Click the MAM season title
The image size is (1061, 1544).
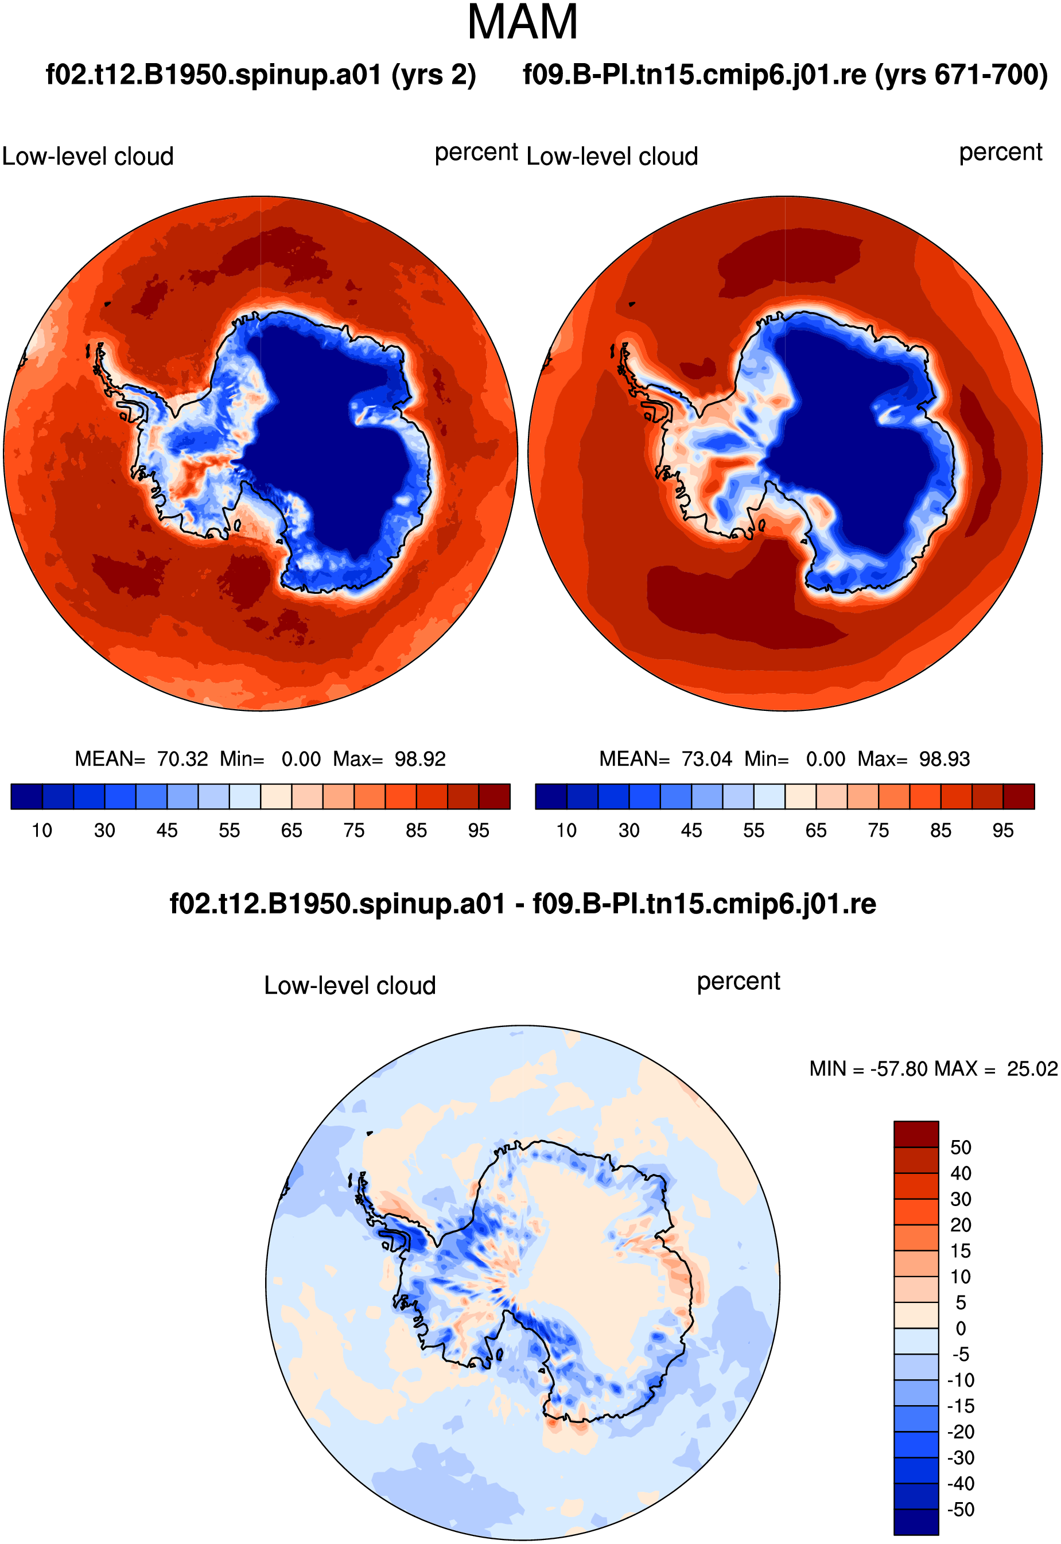pyautogui.click(x=523, y=22)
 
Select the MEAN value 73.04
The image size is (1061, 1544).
pyautogui.click(x=707, y=759)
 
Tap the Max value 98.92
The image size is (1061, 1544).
pyautogui.click(x=420, y=759)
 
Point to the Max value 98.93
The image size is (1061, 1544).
pyautogui.click(x=945, y=759)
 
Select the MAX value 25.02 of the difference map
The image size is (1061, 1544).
pyautogui.click(x=1032, y=1069)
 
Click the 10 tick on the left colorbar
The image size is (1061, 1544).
pyautogui.click(x=42, y=831)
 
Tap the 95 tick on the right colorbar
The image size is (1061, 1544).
pyautogui.click(x=1003, y=831)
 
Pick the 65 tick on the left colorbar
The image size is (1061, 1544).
pyautogui.click(x=291, y=831)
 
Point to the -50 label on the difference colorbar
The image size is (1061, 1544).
pyautogui.click(x=961, y=1510)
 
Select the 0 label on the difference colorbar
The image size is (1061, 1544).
pyautogui.click(x=961, y=1329)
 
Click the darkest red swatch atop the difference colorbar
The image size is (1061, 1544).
pyautogui.click(x=916, y=1134)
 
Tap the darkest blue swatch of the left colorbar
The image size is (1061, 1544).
pyautogui.click(x=27, y=796)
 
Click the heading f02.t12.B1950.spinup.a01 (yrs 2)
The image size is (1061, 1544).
pyautogui.click(x=261, y=75)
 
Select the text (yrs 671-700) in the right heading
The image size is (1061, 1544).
pyautogui.click(x=961, y=75)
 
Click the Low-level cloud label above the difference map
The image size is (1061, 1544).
pyautogui.click(x=349, y=986)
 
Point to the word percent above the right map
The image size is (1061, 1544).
pyautogui.click(x=1001, y=153)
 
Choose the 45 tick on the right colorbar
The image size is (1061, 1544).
pyautogui.click(x=691, y=831)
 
